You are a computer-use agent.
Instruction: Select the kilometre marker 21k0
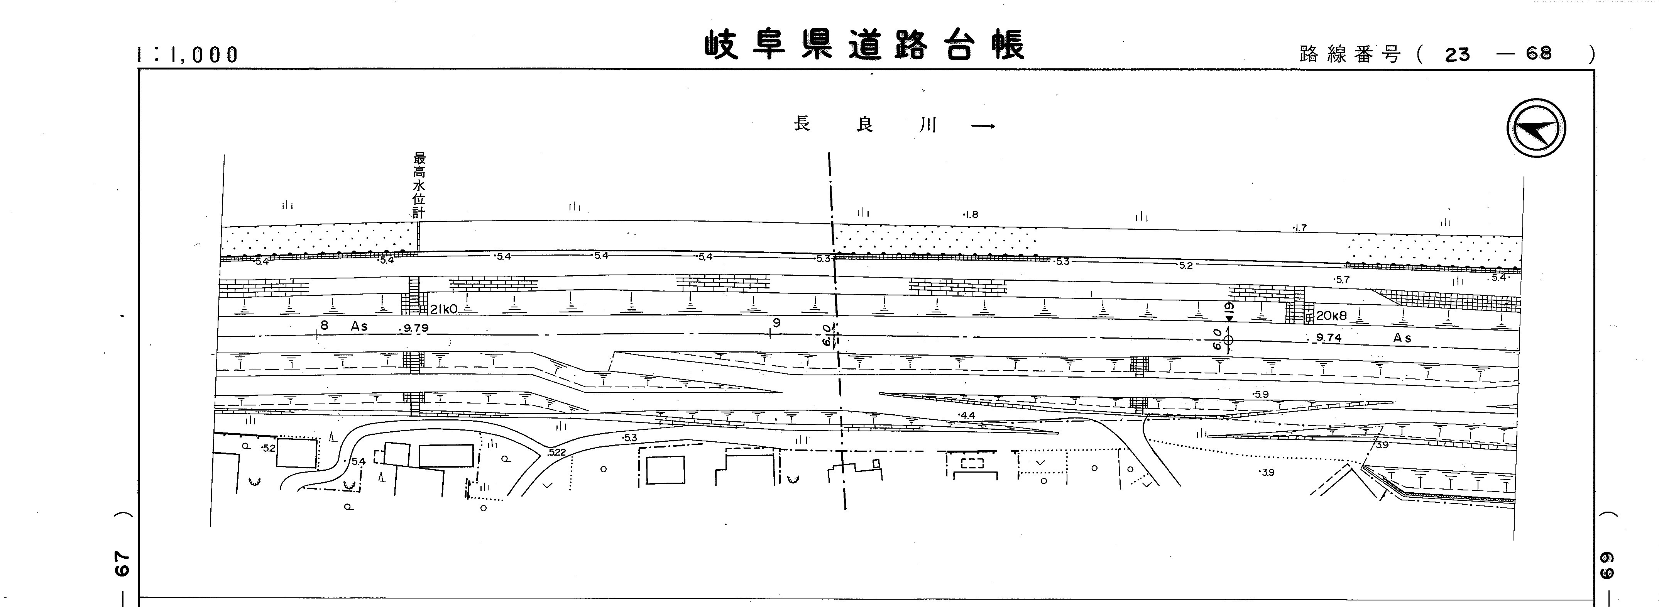(444, 309)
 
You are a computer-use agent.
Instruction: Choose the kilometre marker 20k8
(1331, 316)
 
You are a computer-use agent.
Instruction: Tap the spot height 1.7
(1300, 227)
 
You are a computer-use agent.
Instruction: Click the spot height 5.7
(1341, 280)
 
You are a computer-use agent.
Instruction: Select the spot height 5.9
(1260, 394)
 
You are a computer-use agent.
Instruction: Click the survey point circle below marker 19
(1228, 339)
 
